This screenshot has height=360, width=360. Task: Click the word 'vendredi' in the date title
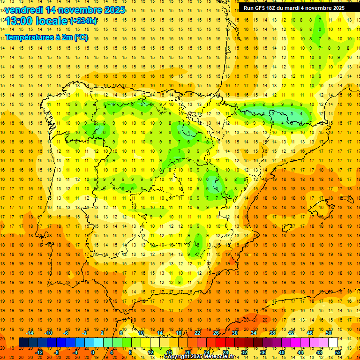click(23, 10)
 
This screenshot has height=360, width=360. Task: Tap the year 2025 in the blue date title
click(114, 10)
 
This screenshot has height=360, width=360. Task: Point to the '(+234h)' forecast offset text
click(83, 21)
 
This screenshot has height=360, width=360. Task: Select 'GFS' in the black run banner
click(262, 8)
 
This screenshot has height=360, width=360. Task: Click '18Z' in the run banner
click(274, 8)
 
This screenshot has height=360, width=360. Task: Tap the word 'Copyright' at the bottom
click(177, 357)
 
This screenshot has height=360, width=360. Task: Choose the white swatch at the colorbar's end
click(333, 342)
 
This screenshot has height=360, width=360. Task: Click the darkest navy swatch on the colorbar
click(23, 342)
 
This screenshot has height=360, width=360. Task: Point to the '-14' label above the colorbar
click(30, 333)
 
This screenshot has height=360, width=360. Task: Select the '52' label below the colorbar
click(338, 352)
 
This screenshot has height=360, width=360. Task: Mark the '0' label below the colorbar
click(93, 352)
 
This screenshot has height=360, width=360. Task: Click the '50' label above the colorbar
click(328, 333)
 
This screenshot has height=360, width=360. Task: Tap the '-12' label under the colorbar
click(39, 352)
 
